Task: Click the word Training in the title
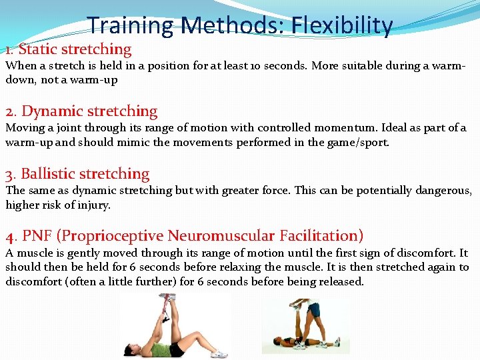tap(129, 25)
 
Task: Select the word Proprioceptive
tap(112, 235)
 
